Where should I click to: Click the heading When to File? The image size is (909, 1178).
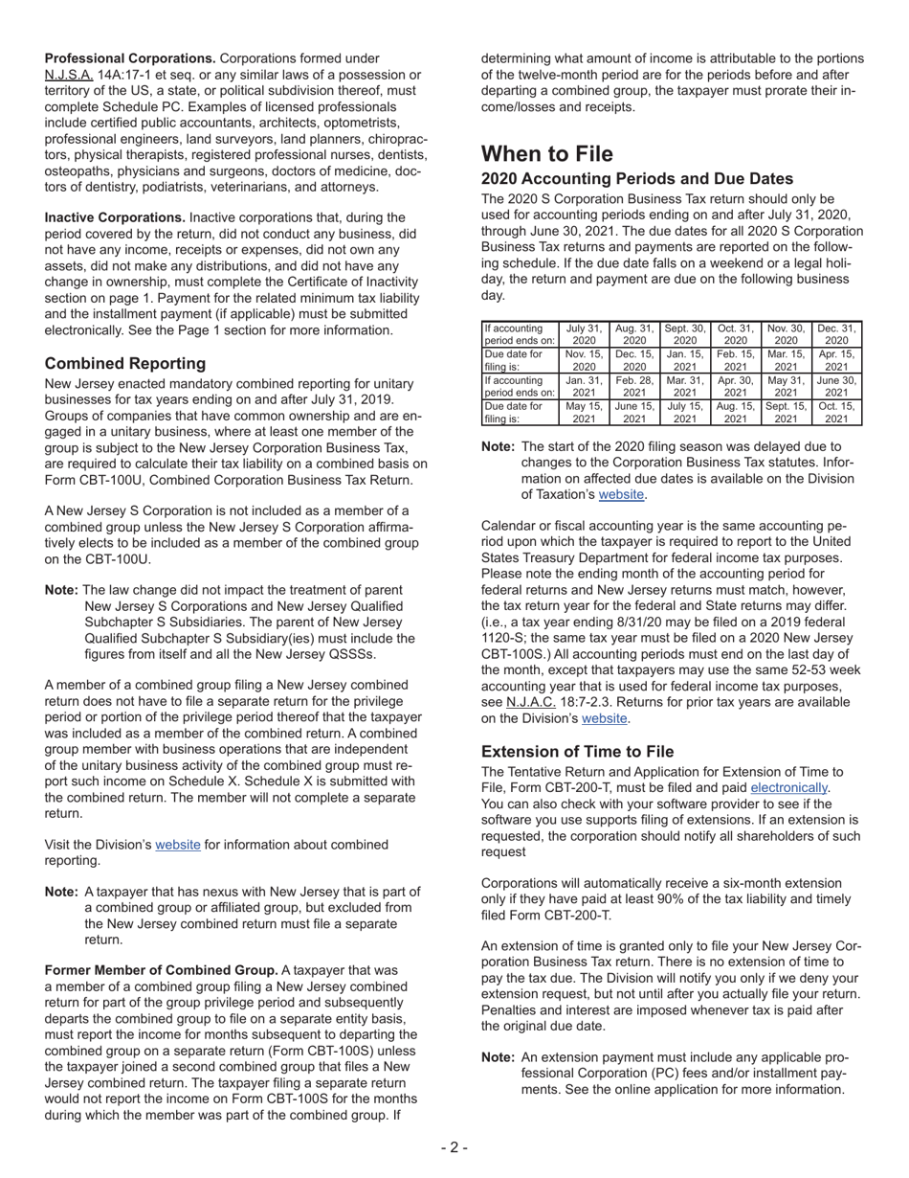547,154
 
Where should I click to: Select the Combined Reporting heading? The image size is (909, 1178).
125,364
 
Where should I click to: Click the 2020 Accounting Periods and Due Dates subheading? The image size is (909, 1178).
636,179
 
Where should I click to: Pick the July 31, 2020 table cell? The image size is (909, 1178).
585,334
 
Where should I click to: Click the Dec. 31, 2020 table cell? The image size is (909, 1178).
836,334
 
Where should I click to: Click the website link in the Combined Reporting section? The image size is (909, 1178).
178,845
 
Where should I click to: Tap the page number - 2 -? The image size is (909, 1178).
454,1148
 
